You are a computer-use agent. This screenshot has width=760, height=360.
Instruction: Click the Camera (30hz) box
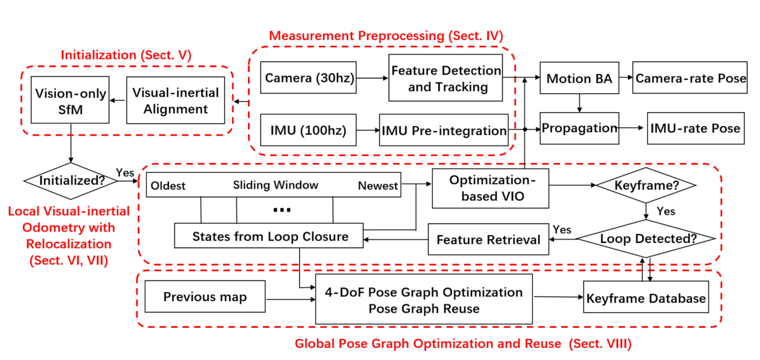click(308, 78)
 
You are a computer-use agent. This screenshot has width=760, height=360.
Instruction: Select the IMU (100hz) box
click(308, 130)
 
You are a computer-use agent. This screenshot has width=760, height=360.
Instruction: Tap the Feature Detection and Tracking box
click(445, 78)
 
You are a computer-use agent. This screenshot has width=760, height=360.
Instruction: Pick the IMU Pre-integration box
click(444, 130)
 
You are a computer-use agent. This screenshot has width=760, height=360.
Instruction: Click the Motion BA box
click(579, 78)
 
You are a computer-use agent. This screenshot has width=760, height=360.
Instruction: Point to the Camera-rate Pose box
click(690, 78)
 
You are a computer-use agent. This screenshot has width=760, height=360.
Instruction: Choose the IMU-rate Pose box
click(696, 128)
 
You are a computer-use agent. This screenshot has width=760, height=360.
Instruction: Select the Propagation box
click(579, 128)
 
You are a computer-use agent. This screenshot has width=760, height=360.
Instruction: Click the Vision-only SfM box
click(70, 100)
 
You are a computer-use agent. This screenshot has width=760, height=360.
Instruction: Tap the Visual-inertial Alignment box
click(175, 100)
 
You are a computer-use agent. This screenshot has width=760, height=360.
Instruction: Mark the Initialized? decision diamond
click(70, 181)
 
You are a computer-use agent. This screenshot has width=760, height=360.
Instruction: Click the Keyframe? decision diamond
click(646, 185)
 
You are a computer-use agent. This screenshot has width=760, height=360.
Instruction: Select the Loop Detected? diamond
click(646, 239)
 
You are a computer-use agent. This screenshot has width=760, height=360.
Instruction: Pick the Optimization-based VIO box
click(490, 188)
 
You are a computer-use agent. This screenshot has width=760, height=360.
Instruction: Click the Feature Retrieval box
click(488, 239)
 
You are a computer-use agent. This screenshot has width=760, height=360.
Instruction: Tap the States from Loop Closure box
click(268, 236)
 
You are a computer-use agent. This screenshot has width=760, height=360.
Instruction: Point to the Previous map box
click(205, 296)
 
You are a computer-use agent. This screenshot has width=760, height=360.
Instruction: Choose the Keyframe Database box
click(646, 297)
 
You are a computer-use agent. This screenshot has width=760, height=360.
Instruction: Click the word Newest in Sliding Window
click(378, 185)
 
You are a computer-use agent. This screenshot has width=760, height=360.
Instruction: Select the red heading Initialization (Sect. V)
click(126, 55)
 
